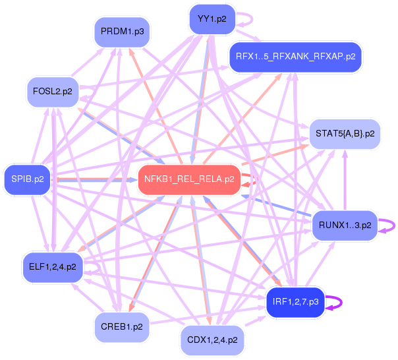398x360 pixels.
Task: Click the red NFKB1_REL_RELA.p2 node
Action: pos(188,179)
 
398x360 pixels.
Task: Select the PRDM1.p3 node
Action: pos(123,31)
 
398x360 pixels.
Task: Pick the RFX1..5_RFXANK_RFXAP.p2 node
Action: pos(295,56)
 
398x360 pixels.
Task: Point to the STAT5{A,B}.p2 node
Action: pos(345,133)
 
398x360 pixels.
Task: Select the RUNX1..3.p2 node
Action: pos(345,225)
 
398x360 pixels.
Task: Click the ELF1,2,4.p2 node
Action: pos(53,267)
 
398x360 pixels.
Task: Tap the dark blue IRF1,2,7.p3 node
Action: pos(295,302)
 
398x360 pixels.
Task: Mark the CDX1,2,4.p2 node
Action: pos(212,340)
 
